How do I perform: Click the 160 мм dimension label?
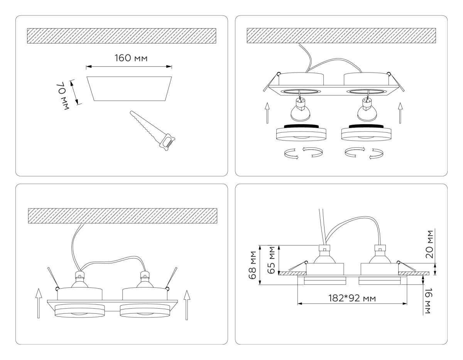pyautogui.click(x=131, y=58)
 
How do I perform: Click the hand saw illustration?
pyautogui.click(x=152, y=131)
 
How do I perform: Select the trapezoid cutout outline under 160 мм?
pyautogui.click(x=129, y=88)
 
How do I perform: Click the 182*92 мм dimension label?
pyautogui.click(x=352, y=298)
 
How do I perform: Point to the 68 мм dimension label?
pyautogui.click(x=253, y=267)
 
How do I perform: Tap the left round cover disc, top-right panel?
pyautogui.click(x=299, y=134)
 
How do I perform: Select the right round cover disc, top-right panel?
pyautogui.click(x=365, y=134)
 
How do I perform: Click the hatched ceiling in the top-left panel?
pyautogui.click(x=122, y=35)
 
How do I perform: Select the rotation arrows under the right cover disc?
pyautogui.click(x=365, y=153)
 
